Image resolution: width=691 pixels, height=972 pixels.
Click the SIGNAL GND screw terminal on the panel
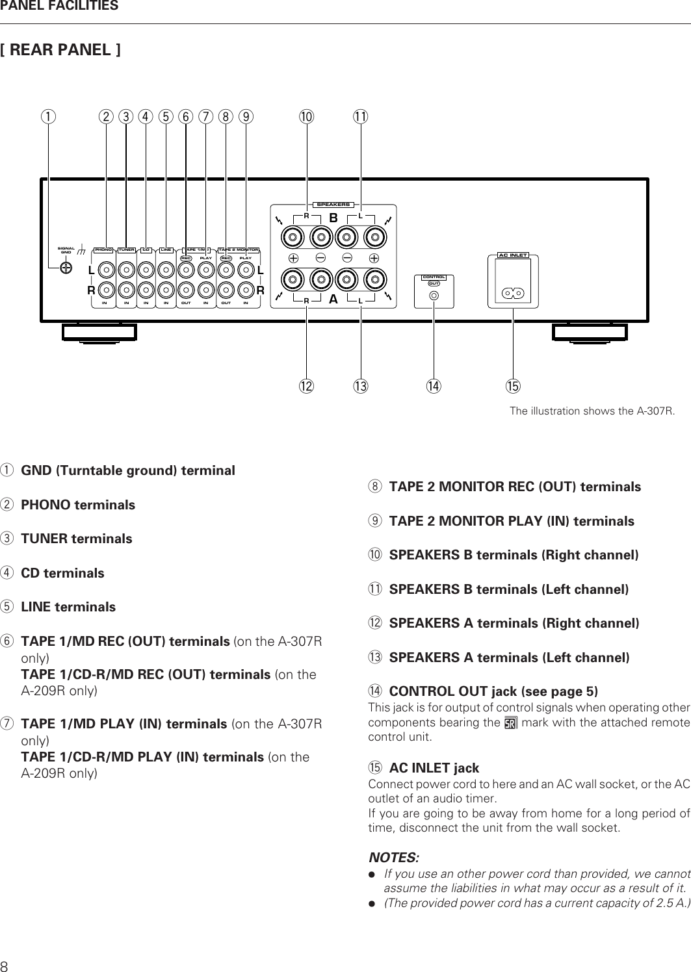(66, 268)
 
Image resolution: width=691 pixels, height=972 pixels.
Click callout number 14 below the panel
(432, 387)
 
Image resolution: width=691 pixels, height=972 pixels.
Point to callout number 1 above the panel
(46, 117)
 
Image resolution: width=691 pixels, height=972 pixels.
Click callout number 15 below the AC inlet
(513, 387)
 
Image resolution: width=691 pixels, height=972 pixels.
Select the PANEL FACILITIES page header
(59, 6)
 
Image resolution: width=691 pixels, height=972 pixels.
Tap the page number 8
(5, 964)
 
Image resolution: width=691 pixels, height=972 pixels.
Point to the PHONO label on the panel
(104, 249)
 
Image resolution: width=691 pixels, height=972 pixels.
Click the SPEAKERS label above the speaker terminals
(333, 205)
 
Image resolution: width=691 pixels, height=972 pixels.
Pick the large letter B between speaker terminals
(333, 219)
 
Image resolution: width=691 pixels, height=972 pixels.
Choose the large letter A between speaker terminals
(333, 300)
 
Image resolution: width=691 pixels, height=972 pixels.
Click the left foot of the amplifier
(99, 332)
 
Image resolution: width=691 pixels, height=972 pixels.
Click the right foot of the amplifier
(590, 332)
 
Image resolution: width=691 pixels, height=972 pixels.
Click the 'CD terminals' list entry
(62, 573)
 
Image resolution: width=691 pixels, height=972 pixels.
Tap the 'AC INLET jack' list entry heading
(434, 769)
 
